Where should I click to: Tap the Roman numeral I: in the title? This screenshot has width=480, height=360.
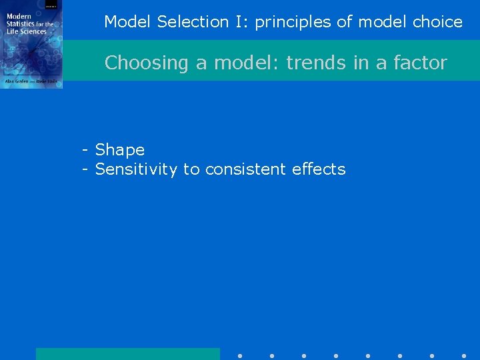pos(241,22)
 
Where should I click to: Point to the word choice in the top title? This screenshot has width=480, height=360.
pos(437,22)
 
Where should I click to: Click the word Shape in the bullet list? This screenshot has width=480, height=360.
pos(120,150)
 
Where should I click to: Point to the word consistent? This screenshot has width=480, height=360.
pos(246,169)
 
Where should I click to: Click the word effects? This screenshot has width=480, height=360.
pos(319,169)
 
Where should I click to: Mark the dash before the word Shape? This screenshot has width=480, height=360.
pos(85,151)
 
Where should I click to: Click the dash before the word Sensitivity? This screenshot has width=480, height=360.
pos(85,170)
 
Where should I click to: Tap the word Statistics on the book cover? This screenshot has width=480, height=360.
pos(21,25)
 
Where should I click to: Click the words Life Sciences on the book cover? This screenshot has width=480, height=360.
pos(27,31)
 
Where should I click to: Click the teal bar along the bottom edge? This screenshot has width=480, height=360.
pos(127,354)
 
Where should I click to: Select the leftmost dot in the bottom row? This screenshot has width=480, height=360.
pos(240,356)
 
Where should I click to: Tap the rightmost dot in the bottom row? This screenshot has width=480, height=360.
pos(464,356)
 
